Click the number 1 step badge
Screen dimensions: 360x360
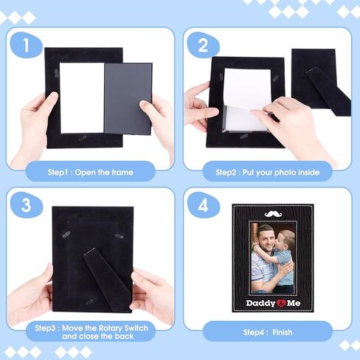tap(27, 45)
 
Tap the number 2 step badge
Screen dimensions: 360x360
tap(203, 45)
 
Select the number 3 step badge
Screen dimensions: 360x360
tap(27, 205)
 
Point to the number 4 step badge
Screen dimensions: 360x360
tap(203, 205)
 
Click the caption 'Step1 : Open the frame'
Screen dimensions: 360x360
tap(91, 172)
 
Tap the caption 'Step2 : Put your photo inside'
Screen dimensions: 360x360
tap(268, 172)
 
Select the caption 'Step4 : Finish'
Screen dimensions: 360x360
tap(268, 333)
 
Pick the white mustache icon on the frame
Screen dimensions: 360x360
tap(274, 214)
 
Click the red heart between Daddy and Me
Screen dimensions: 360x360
tap(281, 303)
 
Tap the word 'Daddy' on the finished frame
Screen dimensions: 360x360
tap(260, 303)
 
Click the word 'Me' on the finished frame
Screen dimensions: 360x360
tap(294, 303)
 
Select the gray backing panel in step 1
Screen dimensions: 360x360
tap(128, 98)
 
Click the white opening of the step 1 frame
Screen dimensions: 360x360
tap(82, 98)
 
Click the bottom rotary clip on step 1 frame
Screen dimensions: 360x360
tap(83, 138)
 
